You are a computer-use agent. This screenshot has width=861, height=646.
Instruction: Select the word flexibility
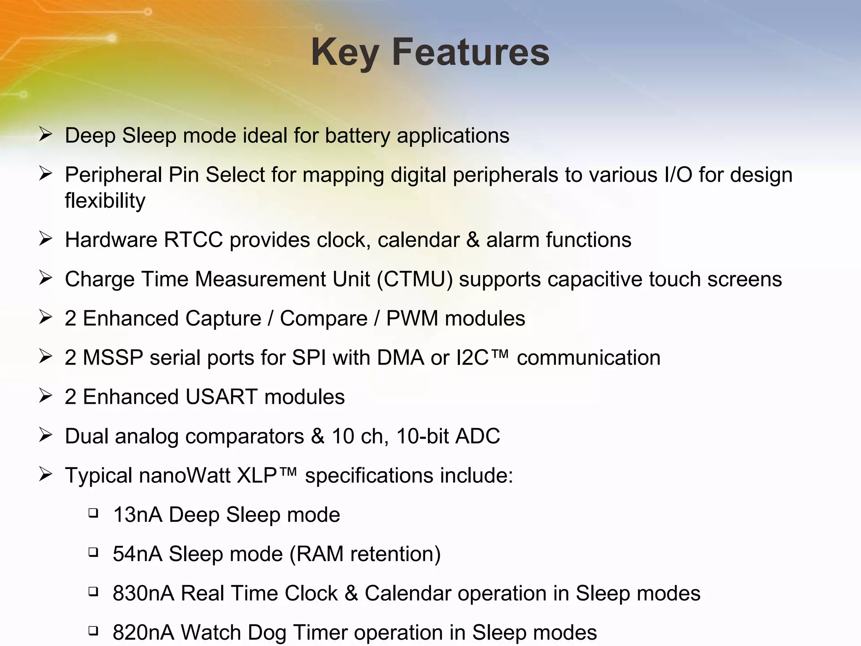105,201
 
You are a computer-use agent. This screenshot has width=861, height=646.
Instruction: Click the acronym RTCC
193,240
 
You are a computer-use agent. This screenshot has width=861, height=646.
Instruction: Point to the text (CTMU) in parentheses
415,279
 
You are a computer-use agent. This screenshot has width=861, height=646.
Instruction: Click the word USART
221,397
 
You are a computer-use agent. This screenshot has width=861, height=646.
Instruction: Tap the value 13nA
137,515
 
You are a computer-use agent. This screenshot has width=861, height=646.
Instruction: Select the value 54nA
137,554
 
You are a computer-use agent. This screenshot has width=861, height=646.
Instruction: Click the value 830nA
143,593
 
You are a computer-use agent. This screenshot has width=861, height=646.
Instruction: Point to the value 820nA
143,633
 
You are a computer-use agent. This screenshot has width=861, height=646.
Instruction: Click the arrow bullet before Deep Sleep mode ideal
45,135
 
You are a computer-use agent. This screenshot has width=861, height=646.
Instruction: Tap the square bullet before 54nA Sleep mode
93,552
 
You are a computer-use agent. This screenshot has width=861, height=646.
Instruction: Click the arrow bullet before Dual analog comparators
45,435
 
